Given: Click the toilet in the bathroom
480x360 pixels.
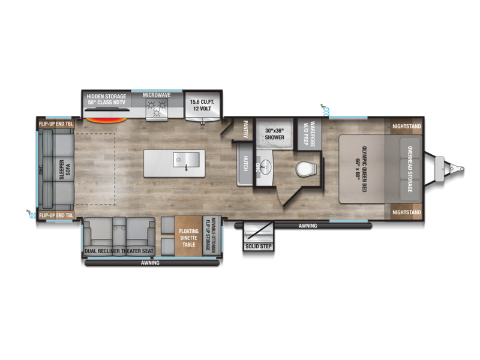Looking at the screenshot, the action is pos(306,169).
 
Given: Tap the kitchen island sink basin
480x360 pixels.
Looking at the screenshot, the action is pos(186,160).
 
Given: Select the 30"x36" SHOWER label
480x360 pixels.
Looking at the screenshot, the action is pos(274,134).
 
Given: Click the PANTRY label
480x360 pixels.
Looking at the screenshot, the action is pos(245,129).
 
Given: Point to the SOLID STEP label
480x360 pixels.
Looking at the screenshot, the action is pos(259,246).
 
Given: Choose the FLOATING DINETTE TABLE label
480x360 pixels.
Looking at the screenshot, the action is pos(188,238).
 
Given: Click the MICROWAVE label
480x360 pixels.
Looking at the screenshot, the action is pos(157,95).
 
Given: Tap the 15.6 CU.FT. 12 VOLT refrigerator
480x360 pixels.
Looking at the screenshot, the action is pos(202,106).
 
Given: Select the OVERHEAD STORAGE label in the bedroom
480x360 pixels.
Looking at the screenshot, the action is pos(410,169).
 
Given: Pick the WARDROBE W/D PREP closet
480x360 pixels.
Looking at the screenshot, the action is pos(310,134).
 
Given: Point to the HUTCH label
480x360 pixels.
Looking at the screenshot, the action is pos(245,163).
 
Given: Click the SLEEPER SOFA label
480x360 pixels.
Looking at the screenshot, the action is pos(65,169).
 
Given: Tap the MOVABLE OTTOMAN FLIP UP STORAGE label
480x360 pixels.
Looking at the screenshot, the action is pos(211,234).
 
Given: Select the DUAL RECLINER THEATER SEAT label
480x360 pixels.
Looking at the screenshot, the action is pos(119,251).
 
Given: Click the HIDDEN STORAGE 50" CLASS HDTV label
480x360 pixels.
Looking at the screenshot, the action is pos(107,99).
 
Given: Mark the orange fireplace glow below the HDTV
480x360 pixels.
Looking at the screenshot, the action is pos(106,121).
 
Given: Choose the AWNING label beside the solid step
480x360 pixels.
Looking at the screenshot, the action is pos(308,226).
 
